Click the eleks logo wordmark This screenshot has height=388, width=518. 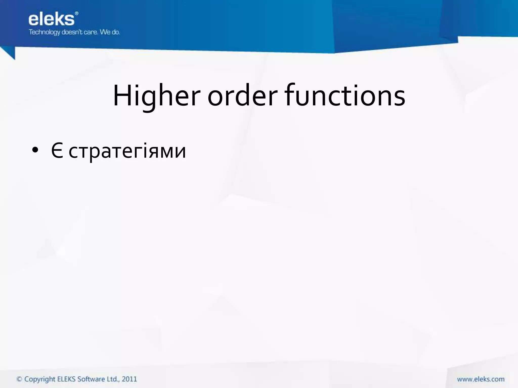51,19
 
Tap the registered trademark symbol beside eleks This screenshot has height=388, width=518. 77,13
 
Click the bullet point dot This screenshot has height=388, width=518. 35,151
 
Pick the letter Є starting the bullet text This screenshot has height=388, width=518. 57,151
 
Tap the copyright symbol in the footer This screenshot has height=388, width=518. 19,379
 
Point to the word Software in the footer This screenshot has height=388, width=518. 91,379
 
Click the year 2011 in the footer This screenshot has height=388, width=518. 129,379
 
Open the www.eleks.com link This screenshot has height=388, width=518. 481,379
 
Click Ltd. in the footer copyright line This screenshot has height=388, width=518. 113,379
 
